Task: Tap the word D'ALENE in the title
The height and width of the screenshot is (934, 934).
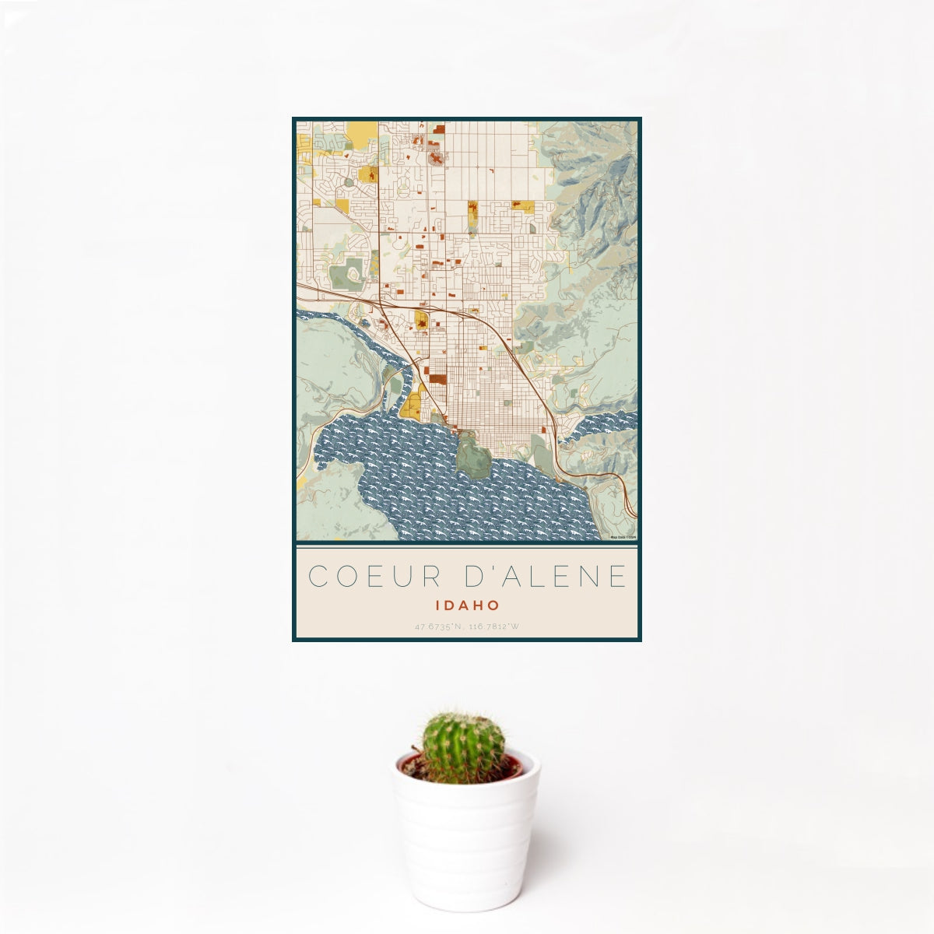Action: point(540,576)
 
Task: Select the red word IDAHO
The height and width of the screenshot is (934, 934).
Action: point(467,605)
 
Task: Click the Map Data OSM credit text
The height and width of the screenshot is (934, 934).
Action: point(623,537)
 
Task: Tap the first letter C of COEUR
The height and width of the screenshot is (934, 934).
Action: point(318,576)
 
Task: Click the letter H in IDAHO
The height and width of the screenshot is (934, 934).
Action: point(477,605)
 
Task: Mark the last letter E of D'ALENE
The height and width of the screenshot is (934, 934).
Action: point(618,576)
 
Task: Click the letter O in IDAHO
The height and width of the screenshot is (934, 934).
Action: point(493,605)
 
